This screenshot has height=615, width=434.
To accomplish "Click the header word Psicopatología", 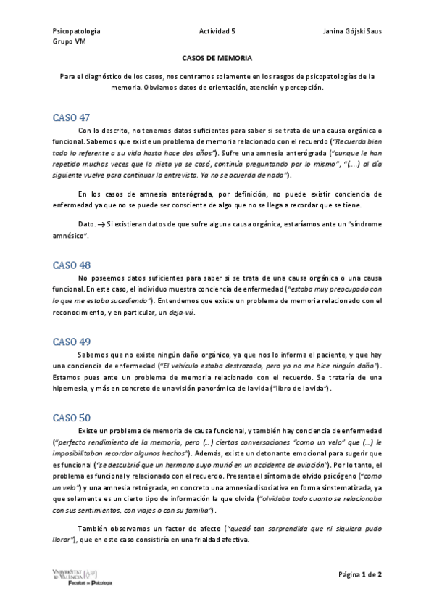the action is [x=76, y=31].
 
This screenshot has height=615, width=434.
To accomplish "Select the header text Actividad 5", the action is [x=217, y=31].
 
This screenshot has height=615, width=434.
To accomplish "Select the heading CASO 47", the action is [x=71, y=117].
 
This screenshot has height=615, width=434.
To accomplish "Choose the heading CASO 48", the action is [x=71, y=265].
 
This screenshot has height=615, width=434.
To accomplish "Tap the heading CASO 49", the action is [x=71, y=342].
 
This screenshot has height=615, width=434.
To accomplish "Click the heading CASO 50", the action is [x=71, y=418].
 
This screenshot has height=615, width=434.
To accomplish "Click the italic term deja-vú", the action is [x=180, y=313].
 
